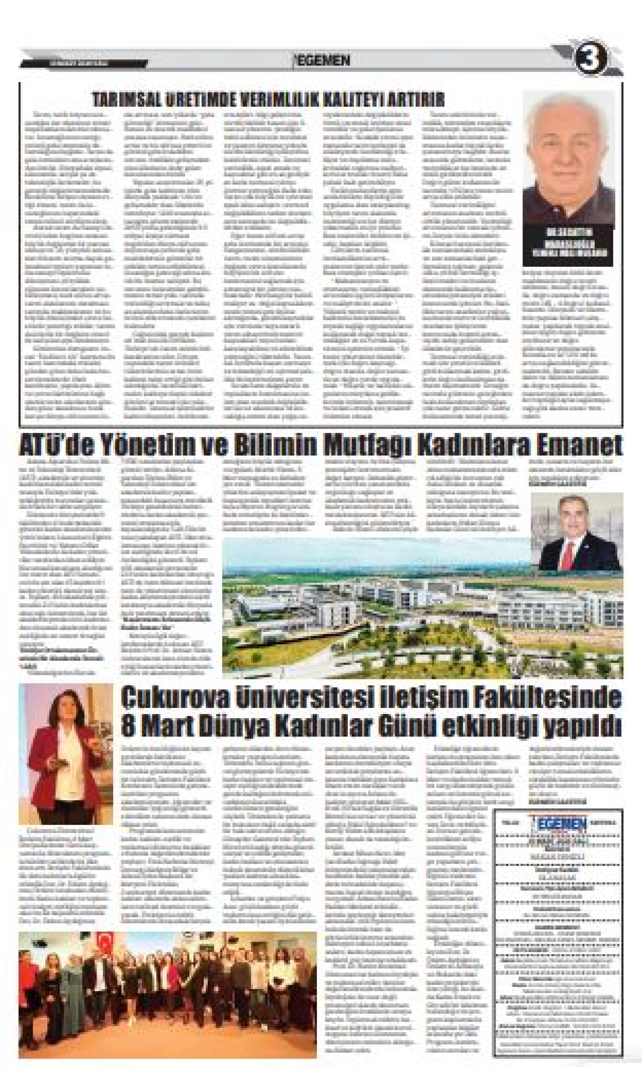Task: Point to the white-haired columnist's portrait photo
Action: coord(568,158)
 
